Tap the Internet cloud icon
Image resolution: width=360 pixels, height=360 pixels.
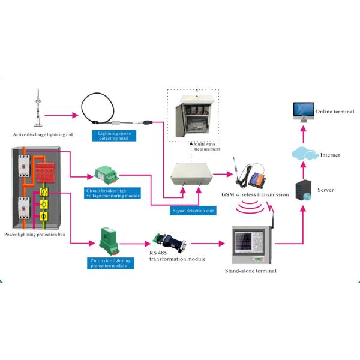click(302, 154)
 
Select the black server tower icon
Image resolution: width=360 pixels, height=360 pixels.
click(304, 191)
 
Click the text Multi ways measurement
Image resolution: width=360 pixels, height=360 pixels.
click(203, 149)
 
